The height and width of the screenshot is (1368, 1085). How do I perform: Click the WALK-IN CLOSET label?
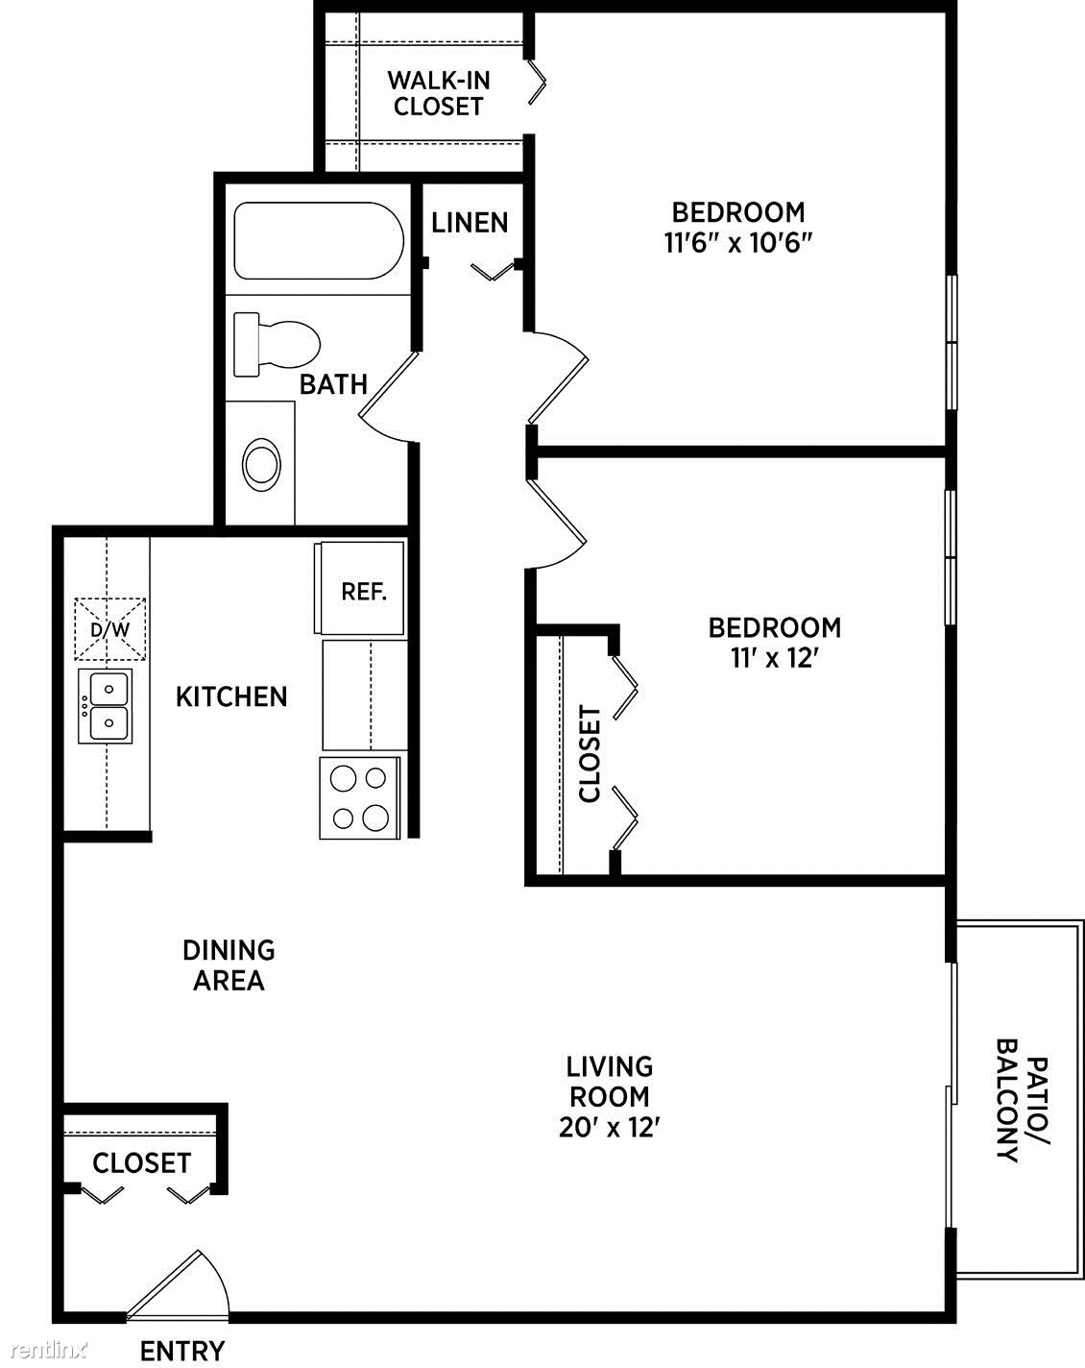(439, 93)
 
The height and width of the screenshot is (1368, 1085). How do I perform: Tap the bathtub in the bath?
(319, 240)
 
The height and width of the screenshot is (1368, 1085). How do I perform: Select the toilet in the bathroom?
(277, 345)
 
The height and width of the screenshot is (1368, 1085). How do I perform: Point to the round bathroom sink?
(261, 465)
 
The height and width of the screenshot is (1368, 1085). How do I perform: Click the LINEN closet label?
(470, 223)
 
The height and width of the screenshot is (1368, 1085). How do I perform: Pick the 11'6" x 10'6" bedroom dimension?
(738, 243)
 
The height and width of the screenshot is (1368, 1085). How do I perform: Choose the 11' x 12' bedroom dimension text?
(774, 658)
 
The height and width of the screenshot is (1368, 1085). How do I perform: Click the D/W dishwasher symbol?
(110, 629)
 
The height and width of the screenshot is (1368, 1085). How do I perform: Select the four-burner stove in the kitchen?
(360, 797)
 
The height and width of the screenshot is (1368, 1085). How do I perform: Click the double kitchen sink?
(106, 705)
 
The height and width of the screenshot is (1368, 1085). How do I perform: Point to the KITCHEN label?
(232, 697)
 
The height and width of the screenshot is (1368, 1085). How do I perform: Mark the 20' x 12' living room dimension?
(610, 1127)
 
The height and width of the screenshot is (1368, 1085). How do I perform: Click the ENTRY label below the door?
(182, 1351)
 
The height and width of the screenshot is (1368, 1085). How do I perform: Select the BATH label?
(334, 384)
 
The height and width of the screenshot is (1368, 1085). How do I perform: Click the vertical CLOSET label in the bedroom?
(590, 753)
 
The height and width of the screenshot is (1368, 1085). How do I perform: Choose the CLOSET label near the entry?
(142, 1163)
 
